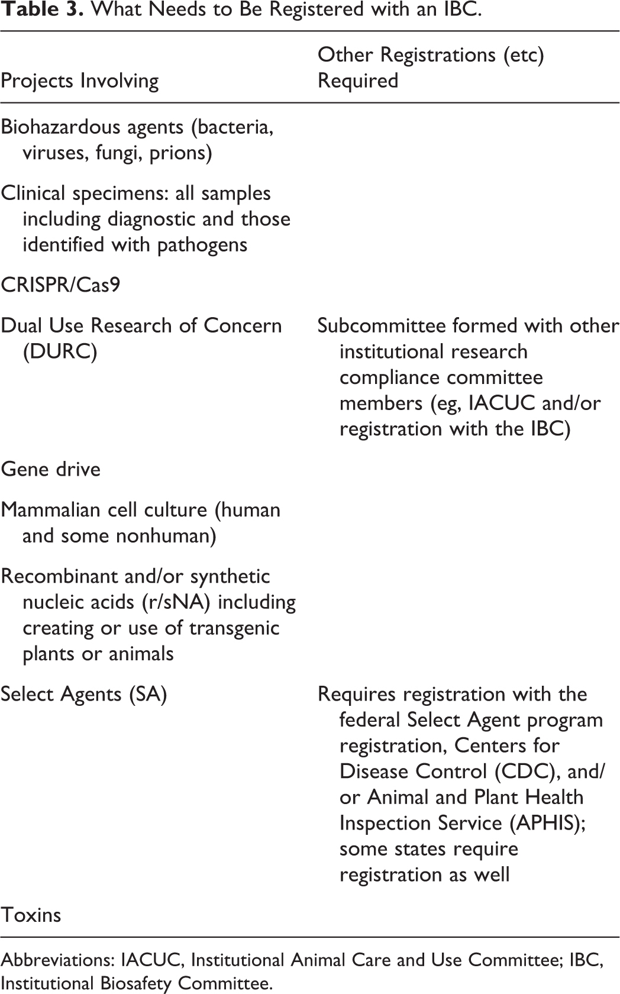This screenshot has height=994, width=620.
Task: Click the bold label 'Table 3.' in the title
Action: (42, 9)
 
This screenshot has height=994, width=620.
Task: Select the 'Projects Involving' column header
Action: (80, 81)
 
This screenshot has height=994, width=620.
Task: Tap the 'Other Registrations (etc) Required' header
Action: (431, 67)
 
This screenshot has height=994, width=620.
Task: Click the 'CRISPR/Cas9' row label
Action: (60, 285)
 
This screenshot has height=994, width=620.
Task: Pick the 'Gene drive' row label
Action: (51, 470)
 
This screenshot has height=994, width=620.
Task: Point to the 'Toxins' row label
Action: (31, 915)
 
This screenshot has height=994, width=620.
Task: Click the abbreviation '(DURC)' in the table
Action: (60, 352)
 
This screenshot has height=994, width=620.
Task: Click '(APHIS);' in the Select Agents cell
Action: (548, 824)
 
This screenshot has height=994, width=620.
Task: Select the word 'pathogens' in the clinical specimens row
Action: (202, 246)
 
